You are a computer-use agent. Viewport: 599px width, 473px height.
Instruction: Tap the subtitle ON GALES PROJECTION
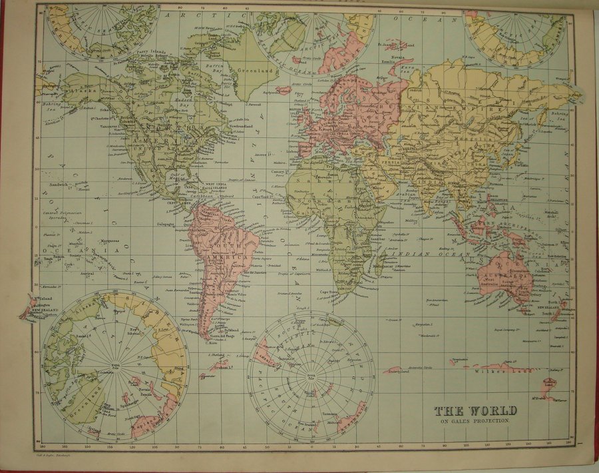472,421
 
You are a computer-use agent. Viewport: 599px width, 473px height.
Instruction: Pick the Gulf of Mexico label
174,175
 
